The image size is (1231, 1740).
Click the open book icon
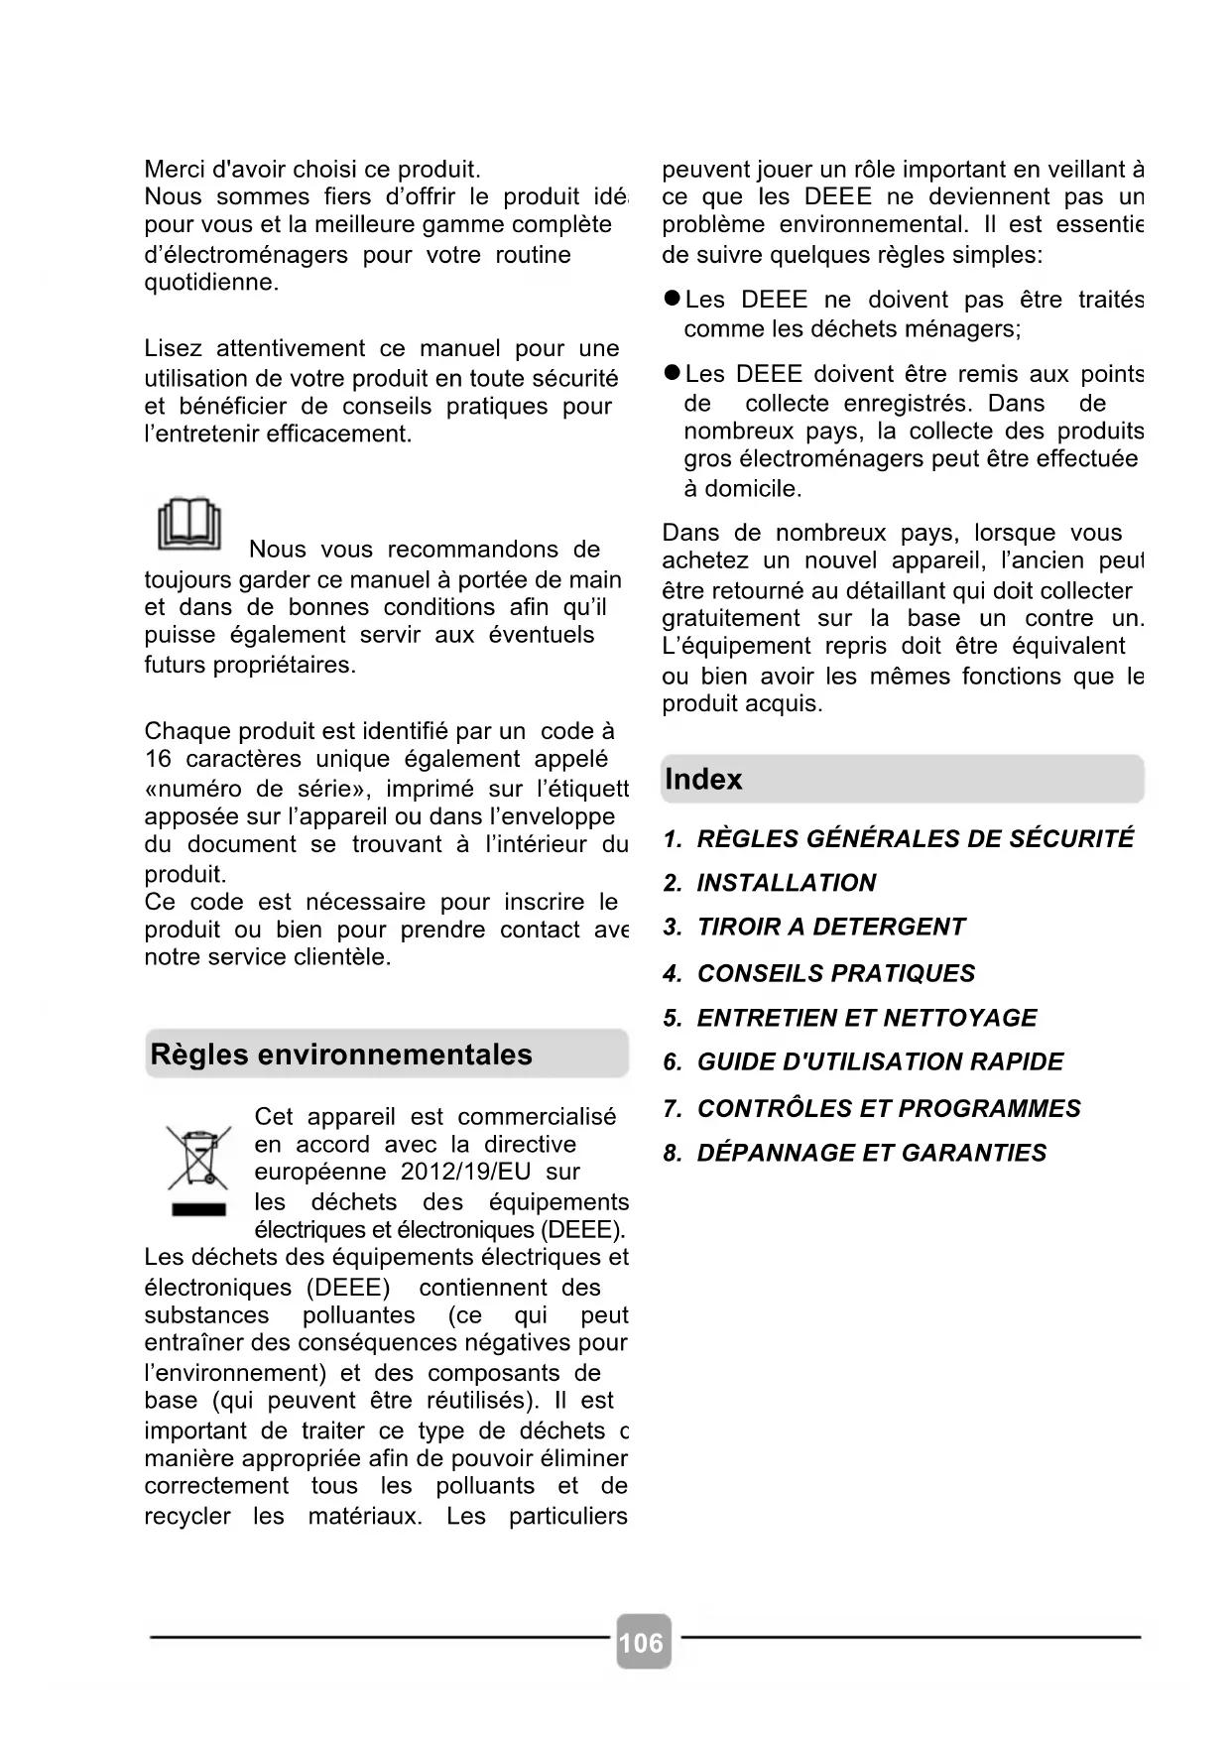coord(188,523)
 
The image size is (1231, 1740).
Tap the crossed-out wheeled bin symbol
coord(198,1157)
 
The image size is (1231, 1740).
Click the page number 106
coord(642,1643)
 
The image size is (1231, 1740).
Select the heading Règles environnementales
coord(341,1055)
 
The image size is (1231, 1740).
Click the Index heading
coord(703,780)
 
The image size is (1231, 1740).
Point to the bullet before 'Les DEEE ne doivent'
coord(672,299)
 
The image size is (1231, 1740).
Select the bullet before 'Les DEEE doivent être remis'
coord(672,373)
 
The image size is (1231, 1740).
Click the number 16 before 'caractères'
coord(158,759)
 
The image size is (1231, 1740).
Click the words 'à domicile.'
coord(742,488)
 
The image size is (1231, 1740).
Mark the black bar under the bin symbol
coord(198,1209)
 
